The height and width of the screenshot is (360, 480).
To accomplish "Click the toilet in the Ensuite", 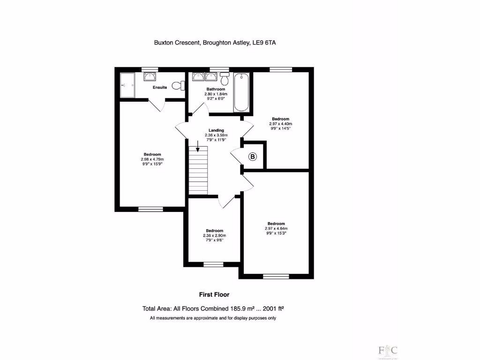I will click(x=177, y=85).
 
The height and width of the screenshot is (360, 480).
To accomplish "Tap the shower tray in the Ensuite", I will click(x=127, y=85).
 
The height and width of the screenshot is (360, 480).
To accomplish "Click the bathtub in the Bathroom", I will click(x=241, y=92).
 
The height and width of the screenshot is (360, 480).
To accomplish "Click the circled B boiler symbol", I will click(x=253, y=157).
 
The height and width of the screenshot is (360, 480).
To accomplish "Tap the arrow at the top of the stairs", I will click(x=198, y=150).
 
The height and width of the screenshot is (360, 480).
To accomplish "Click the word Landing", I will click(x=216, y=130).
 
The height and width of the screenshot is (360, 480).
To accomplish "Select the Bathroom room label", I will click(x=216, y=89).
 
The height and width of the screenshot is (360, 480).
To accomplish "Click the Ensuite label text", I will click(x=160, y=88).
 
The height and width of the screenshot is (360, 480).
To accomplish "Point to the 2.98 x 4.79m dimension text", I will click(x=152, y=159).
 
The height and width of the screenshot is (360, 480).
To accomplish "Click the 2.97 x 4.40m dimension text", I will click(x=280, y=124).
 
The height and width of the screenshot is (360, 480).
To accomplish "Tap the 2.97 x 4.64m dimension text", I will click(x=276, y=228).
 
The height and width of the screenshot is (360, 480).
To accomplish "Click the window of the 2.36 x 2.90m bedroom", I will click(x=214, y=264).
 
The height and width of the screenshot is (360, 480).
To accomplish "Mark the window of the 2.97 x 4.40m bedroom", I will click(x=280, y=69).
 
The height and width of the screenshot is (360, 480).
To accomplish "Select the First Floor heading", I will click(x=214, y=294).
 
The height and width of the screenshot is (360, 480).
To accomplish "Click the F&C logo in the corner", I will click(x=388, y=350).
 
